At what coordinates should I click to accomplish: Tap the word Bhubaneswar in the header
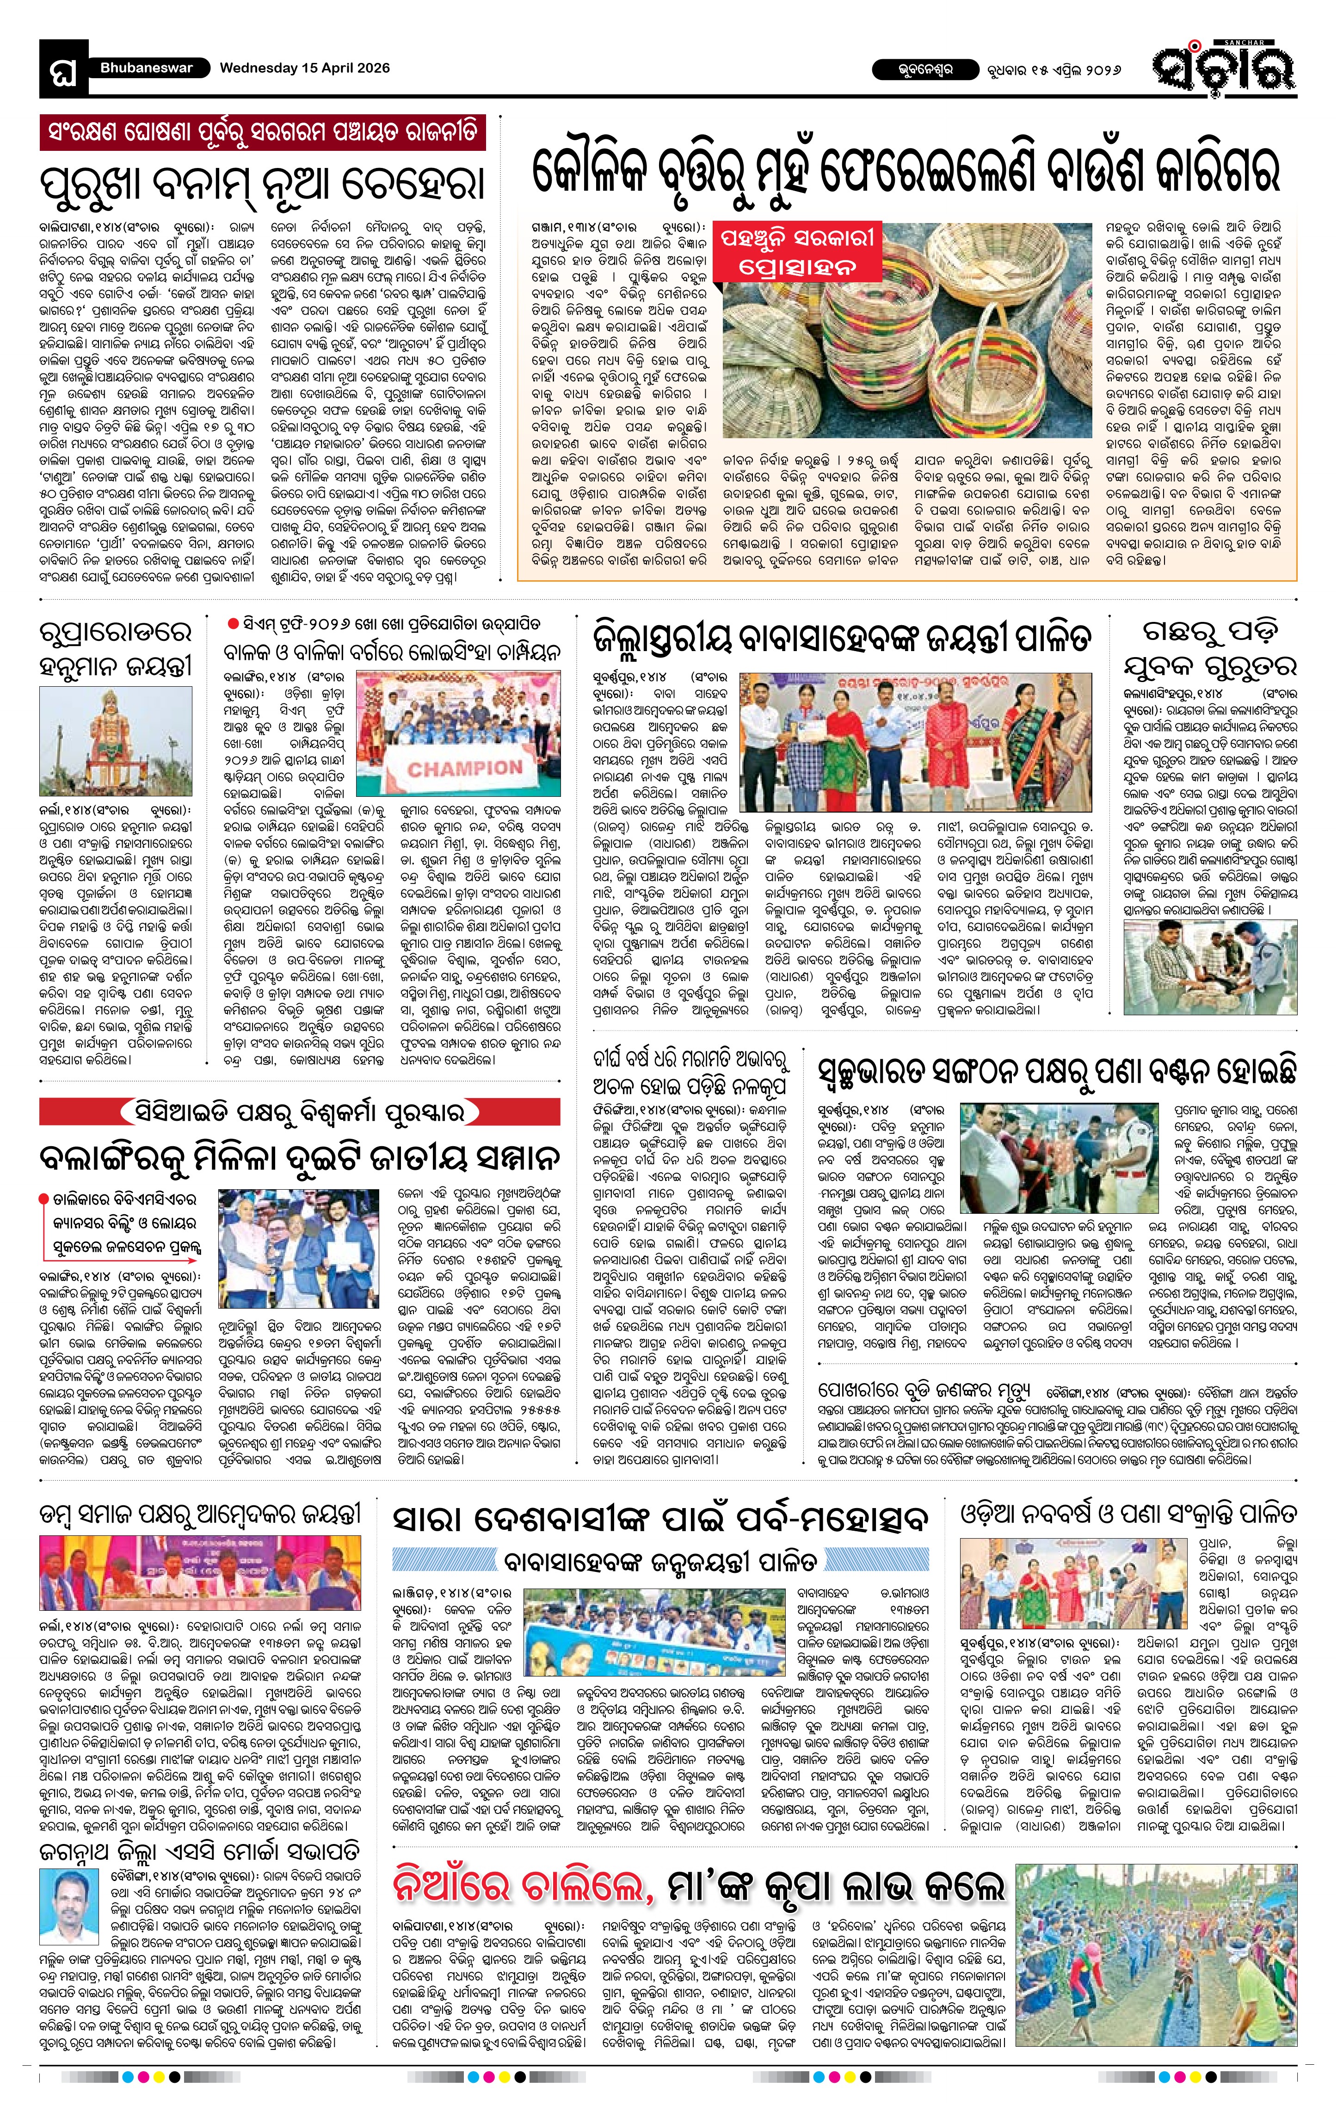coord(146,68)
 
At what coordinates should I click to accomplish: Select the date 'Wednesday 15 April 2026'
coord(304,68)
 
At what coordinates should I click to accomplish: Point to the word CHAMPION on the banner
coord(464,769)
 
